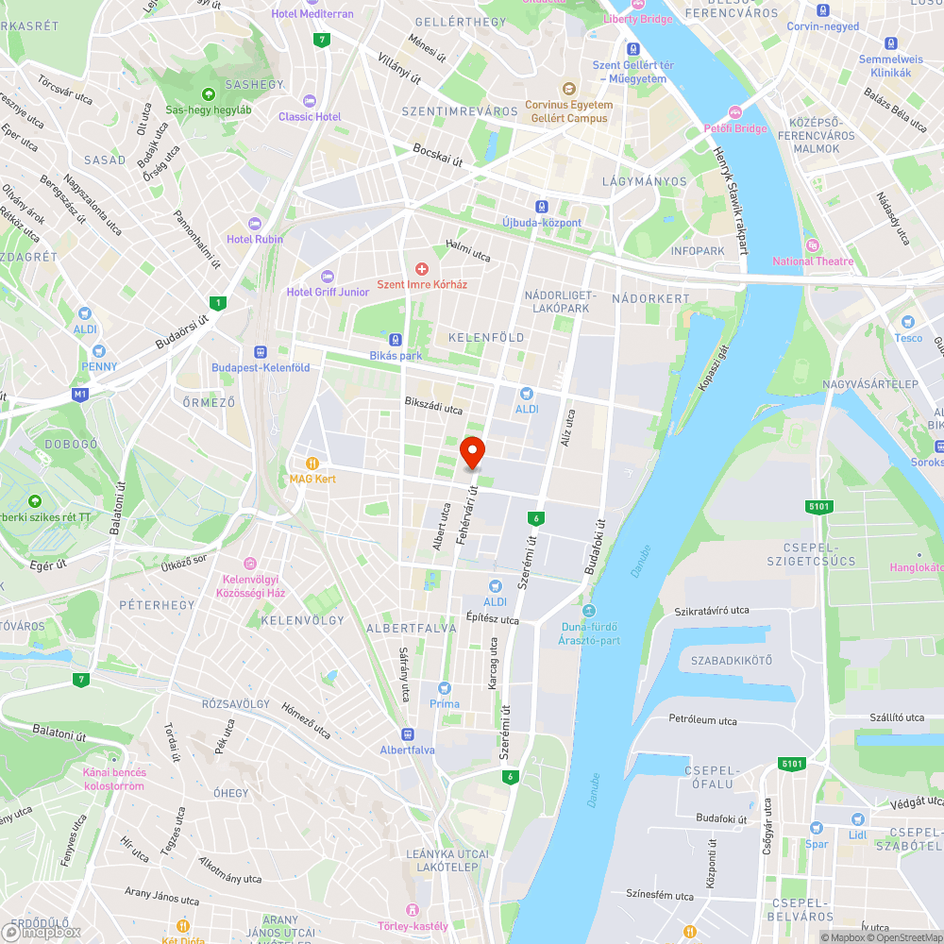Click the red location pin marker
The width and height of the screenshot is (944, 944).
point(472,452)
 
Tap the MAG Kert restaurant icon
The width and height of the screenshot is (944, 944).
point(312,463)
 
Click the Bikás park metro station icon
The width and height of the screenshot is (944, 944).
point(396,340)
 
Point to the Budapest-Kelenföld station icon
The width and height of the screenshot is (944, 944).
point(261,352)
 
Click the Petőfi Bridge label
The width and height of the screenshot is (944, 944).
point(735,128)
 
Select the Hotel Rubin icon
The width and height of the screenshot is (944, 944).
point(254,224)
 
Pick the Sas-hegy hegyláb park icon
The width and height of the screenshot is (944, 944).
point(208,93)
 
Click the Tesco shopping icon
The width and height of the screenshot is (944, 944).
point(908,322)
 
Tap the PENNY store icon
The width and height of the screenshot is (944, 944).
point(99,351)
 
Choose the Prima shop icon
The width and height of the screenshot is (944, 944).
point(445,688)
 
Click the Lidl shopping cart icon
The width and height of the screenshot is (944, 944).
point(857,820)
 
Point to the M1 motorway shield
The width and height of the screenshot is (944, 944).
point(80,394)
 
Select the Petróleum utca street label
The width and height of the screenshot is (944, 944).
point(702,720)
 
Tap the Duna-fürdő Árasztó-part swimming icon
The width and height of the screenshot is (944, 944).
point(589,611)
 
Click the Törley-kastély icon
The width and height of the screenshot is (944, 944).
point(413,910)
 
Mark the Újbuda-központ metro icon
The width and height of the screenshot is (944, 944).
point(541,206)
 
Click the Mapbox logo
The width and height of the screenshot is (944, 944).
point(42,931)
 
